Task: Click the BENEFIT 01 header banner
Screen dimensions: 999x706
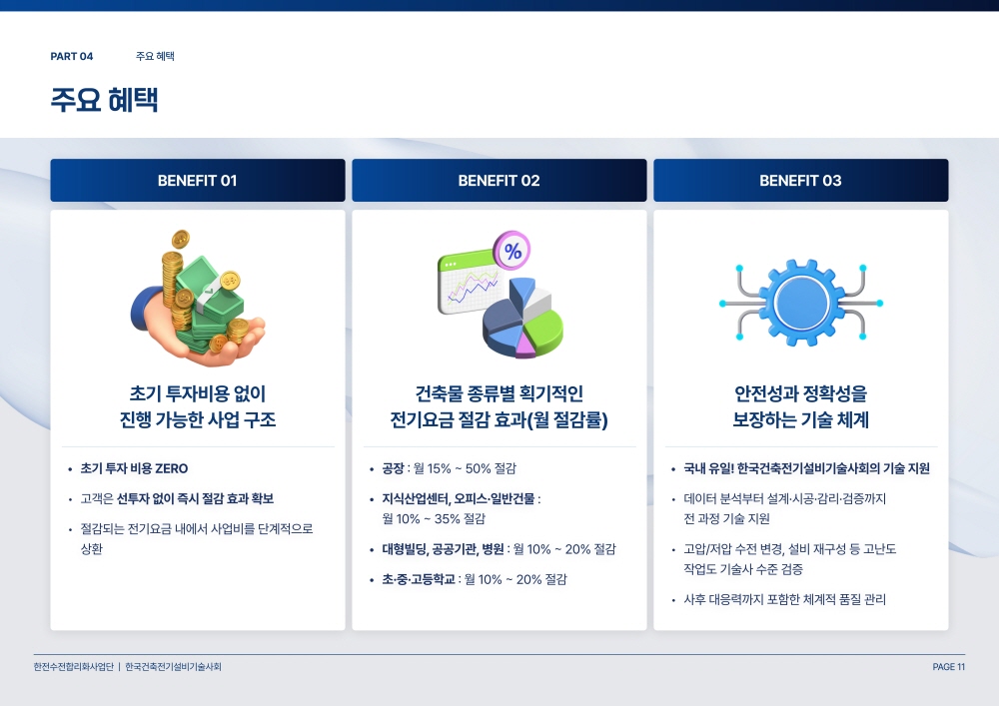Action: click(x=198, y=180)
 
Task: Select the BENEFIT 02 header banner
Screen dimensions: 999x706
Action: click(x=499, y=180)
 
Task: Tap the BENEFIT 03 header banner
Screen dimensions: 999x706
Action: click(x=801, y=180)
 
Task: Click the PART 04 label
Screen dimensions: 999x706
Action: click(x=71, y=56)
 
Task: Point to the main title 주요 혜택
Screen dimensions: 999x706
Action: click(x=104, y=99)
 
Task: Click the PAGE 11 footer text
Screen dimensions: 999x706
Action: click(x=949, y=666)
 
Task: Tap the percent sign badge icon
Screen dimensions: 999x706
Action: click(x=512, y=251)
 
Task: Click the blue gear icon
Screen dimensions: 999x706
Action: click(x=802, y=303)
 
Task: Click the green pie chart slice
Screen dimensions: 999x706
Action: click(x=542, y=330)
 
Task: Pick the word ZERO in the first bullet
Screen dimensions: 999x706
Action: click(x=172, y=468)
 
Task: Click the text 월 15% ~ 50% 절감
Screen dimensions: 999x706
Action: click(x=466, y=468)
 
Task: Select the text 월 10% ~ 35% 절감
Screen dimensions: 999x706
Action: click(x=434, y=519)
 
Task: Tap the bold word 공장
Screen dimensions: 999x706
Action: click(x=393, y=468)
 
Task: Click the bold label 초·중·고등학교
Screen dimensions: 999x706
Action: click(x=419, y=579)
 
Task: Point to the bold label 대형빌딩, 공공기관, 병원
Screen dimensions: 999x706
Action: click(x=443, y=549)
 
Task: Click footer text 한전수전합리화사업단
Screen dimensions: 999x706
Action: click(x=73, y=666)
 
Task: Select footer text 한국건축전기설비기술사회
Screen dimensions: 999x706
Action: click(x=173, y=666)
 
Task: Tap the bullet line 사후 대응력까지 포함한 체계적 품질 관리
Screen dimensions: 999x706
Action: click(x=785, y=599)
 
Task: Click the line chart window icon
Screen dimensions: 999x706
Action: click(x=470, y=282)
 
